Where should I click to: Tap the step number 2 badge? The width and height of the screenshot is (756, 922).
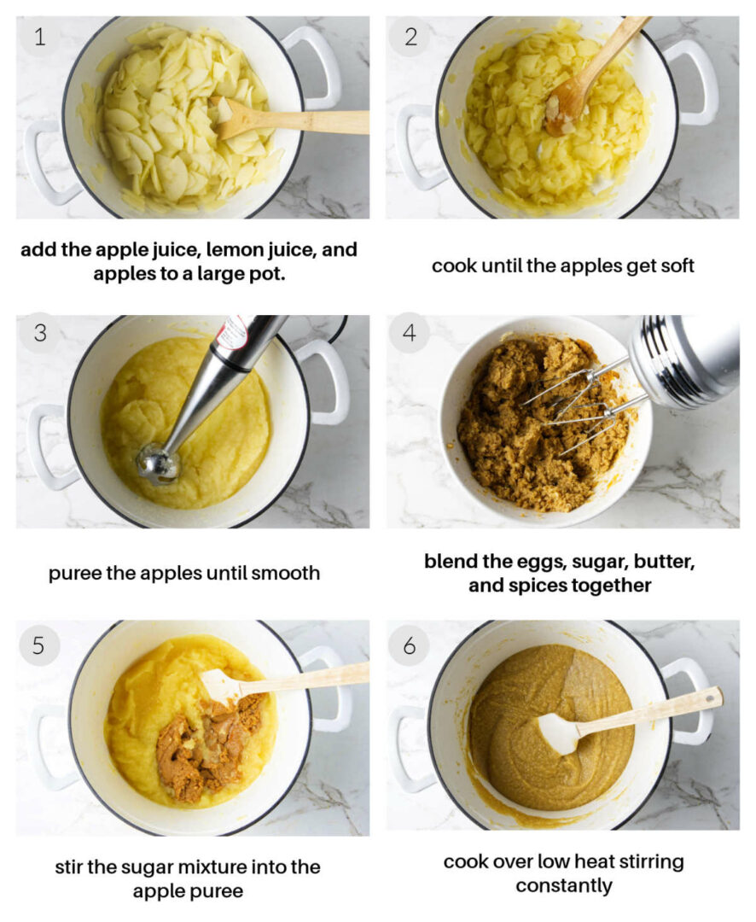(x=410, y=37)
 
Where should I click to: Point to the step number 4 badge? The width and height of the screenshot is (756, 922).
(x=410, y=333)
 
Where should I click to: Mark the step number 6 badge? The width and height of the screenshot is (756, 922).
(x=410, y=646)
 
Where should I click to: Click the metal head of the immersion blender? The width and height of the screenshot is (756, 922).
(x=159, y=464)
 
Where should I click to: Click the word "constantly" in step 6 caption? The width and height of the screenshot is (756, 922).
(x=563, y=885)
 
